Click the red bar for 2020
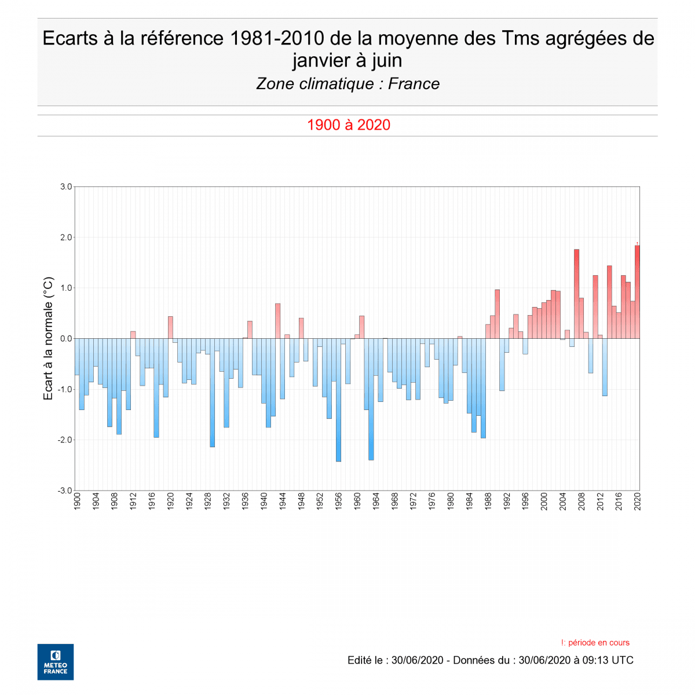(x=637, y=292)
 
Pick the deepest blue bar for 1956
(x=338, y=400)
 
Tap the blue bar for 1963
(x=371, y=399)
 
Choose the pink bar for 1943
(x=278, y=321)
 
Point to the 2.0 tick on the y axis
(x=65, y=237)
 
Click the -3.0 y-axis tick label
(x=65, y=491)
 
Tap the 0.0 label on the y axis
(x=65, y=339)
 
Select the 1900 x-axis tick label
(x=77, y=502)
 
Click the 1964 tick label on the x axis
(x=376, y=502)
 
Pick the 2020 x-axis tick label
(x=638, y=502)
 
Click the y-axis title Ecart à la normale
(x=49, y=339)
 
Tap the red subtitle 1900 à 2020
(x=348, y=125)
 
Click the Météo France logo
(x=56, y=661)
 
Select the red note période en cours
(x=595, y=642)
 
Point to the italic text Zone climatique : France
(x=348, y=84)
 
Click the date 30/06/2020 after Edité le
(x=417, y=660)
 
